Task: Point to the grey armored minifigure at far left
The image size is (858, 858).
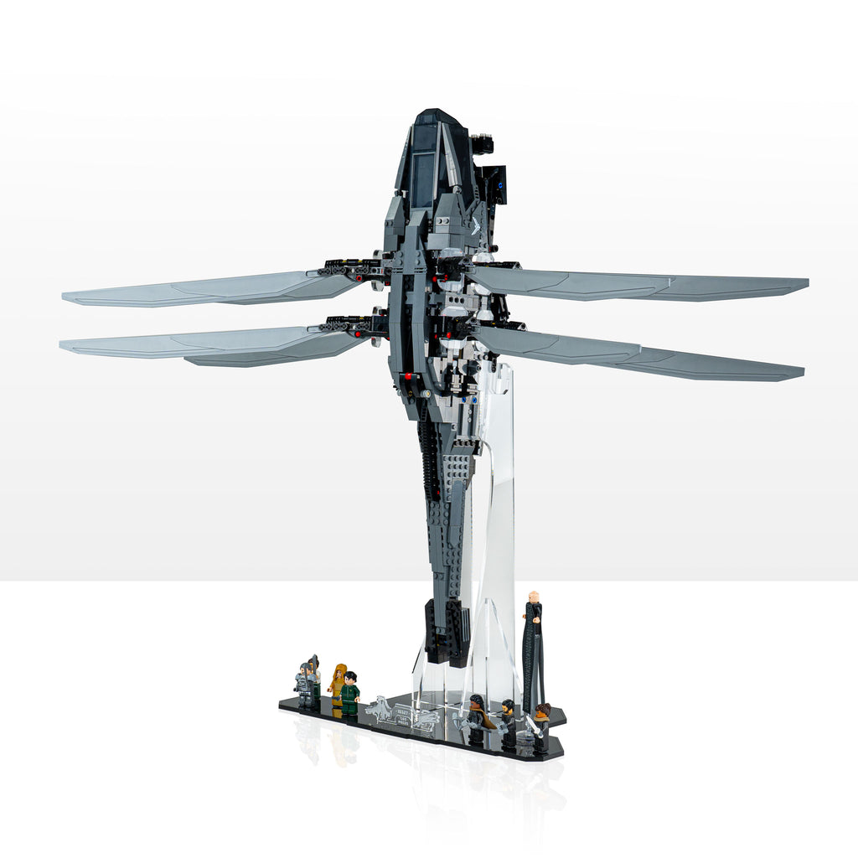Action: coord(303,686)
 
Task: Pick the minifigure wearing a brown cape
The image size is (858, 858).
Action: coord(477,719)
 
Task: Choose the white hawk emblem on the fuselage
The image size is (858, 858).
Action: coord(475,225)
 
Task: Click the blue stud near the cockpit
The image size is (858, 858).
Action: coord(499,178)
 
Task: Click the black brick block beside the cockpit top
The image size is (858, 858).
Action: coord(483,144)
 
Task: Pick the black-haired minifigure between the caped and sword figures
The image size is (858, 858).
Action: coord(508,722)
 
